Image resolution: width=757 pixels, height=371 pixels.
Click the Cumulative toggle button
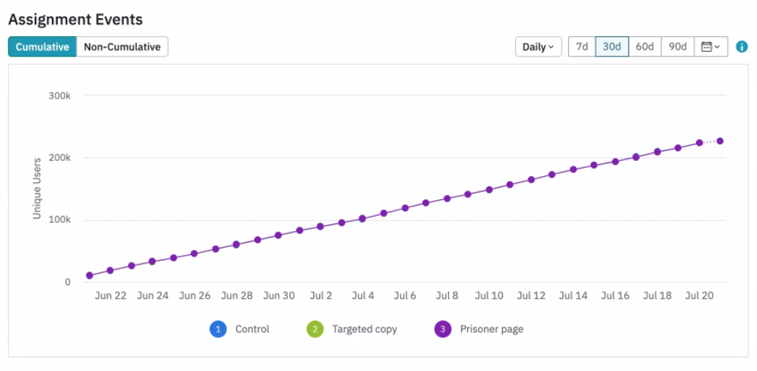coord(42,47)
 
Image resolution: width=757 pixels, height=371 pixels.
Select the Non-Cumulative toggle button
coord(122,47)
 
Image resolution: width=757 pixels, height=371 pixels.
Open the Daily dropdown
coord(538,47)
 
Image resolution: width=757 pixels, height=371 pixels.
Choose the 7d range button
coord(582,47)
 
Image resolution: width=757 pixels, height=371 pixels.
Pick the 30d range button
coord(612,47)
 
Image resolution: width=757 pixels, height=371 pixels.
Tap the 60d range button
coord(644,47)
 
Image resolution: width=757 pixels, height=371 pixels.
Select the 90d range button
coord(677,47)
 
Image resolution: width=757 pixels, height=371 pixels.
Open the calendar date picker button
coord(710,47)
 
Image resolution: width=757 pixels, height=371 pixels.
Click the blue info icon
coord(742,47)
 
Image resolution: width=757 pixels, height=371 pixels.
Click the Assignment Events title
coord(75,19)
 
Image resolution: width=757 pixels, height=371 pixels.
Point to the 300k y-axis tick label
coord(59,96)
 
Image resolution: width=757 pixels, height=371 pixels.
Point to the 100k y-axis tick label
coord(59,220)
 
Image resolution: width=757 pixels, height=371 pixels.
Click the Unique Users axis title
coord(37,189)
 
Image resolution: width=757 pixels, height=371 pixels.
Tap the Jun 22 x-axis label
coord(111,296)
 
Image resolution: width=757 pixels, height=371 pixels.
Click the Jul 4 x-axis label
coord(363,296)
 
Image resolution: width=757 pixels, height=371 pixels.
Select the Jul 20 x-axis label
coord(699,296)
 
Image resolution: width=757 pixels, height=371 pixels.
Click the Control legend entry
coord(241,329)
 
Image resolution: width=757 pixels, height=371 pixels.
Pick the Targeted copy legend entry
coord(353,329)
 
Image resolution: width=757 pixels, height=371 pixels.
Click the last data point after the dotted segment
coord(720,141)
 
